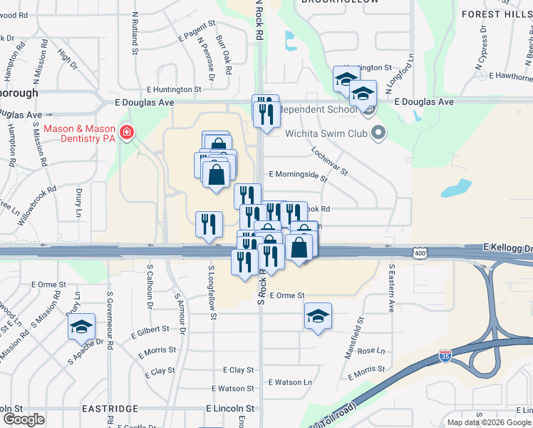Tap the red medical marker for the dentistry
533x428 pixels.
point(127,133)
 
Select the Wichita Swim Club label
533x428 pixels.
point(326,133)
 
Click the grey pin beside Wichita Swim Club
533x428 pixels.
point(378,132)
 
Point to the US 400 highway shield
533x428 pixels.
point(419,253)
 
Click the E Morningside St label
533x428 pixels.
point(298,174)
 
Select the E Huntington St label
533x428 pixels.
point(175,90)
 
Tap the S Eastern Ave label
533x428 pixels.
point(391,288)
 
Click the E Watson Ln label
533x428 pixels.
point(291,382)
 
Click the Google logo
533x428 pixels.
point(24,419)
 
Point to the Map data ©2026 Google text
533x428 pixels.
point(488,422)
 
